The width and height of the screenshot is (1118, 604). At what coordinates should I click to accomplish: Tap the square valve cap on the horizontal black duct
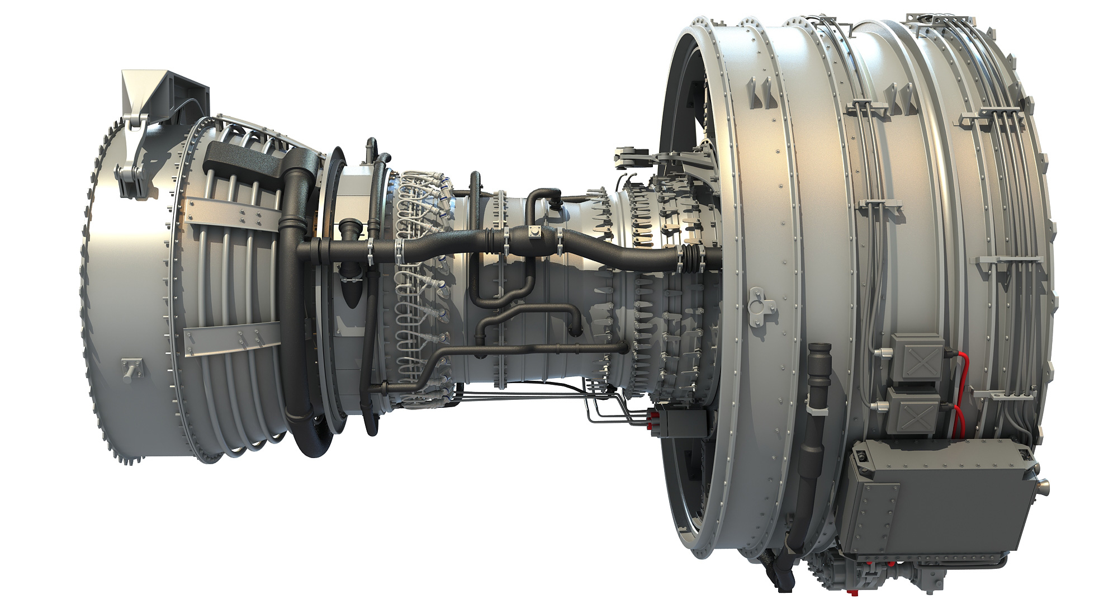tap(534, 233)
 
